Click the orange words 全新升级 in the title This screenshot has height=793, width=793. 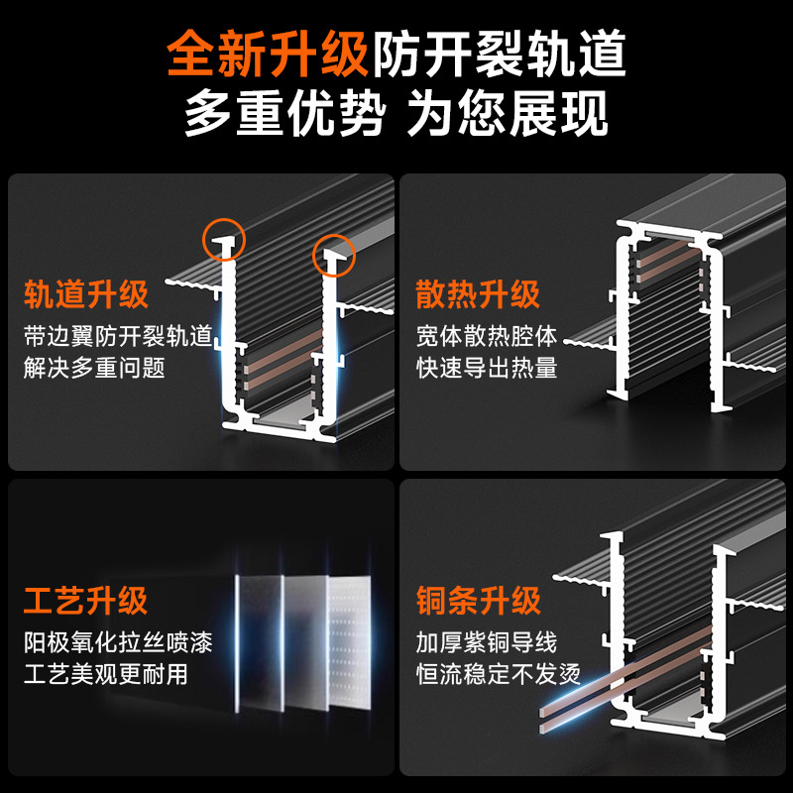click(269, 56)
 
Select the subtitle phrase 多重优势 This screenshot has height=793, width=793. click(284, 115)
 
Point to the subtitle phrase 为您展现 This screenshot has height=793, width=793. click(508, 115)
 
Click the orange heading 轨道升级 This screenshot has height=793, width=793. click(86, 294)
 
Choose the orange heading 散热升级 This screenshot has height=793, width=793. click(478, 294)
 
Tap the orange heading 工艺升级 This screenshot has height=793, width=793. click(86, 600)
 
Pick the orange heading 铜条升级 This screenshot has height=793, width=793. click(478, 600)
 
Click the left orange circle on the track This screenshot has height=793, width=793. click(225, 237)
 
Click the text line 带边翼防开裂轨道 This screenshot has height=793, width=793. click(118, 335)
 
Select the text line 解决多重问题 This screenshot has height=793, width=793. click(94, 369)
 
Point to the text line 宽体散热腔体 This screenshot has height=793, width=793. click(487, 335)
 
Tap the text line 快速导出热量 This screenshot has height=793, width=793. click(487, 369)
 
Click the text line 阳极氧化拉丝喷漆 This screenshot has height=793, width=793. click(118, 641)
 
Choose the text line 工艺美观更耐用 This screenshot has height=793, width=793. click(106, 676)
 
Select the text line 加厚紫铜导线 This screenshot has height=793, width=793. click(487, 641)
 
